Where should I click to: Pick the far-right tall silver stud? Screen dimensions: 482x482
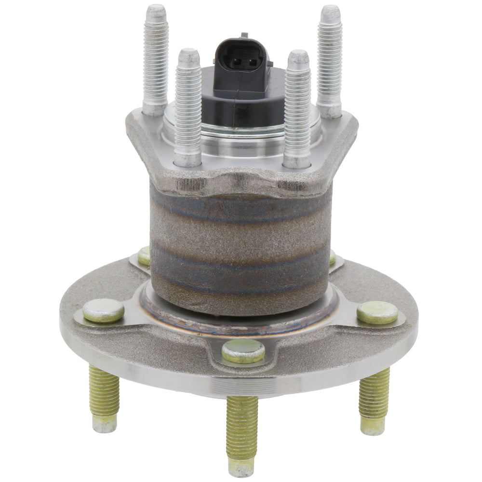click(x=330, y=60)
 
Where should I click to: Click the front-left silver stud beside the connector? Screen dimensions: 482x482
click(x=188, y=106)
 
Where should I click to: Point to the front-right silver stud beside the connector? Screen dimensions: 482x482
click(x=297, y=108)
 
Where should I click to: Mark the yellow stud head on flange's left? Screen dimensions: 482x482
click(x=103, y=311)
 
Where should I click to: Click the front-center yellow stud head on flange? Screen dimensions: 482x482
click(x=243, y=351)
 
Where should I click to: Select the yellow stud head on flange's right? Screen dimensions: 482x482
click(x=377, y=312)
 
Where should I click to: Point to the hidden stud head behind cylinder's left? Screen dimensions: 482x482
click(x=144, y=256)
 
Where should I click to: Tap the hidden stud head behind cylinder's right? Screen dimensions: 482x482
click(x=332, y=258)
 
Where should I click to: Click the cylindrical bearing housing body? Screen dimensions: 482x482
click(x=241, y=246)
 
